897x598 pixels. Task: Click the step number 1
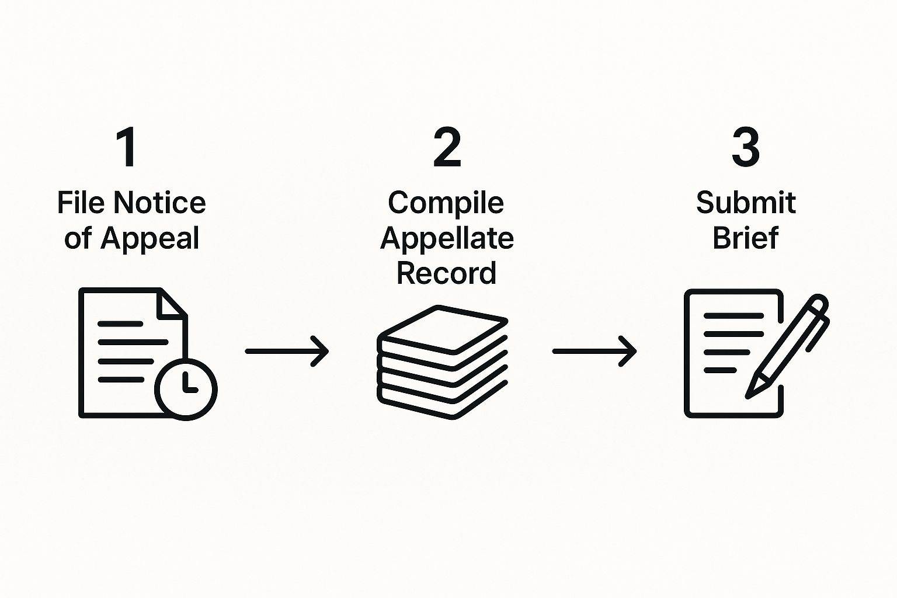127,148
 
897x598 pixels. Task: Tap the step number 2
447,148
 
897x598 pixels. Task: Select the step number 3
746,148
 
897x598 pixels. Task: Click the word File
81,203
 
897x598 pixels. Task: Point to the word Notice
159,203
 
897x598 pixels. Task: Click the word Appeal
149,239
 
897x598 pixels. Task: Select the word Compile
446,203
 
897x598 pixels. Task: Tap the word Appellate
447,239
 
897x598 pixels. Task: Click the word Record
446,273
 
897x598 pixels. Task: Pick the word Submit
746,203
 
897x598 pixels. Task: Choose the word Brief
746,238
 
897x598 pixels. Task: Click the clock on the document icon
186,388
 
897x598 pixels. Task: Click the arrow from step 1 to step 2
287,351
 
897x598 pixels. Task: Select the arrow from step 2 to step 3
594,351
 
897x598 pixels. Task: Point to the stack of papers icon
443,362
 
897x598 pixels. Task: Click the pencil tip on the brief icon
751,392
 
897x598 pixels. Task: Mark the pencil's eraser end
818,305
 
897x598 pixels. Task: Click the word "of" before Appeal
78,239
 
